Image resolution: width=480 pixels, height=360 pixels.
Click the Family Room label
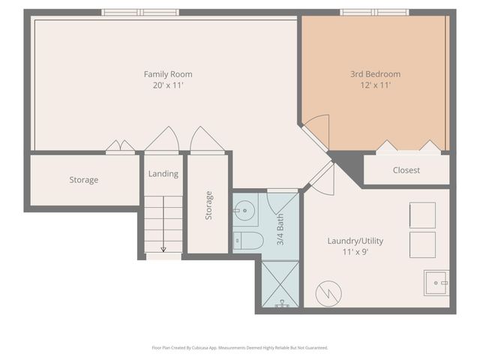[x=168, y=74]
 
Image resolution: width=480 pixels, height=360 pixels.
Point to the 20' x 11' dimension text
[x=168, y=85]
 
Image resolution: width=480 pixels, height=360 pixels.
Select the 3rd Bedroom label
[x=375, y=74]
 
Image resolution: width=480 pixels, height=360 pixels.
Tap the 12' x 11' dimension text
[x=375, y=85]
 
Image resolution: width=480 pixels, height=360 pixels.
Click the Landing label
[x=163, y=174]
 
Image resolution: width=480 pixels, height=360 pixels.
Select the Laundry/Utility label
[x=355, y=241]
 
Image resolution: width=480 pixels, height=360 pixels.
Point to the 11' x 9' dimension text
[x=355, y=252]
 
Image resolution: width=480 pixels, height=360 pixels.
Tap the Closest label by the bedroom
[x=406, y=170]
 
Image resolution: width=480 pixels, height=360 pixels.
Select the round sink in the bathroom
[x=244, y=211]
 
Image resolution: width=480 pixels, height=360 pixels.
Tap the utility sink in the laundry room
[x=435, y=283]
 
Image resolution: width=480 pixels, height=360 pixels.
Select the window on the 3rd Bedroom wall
[x=375, y=12]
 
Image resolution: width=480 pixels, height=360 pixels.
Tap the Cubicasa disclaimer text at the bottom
[x=240, y=348]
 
